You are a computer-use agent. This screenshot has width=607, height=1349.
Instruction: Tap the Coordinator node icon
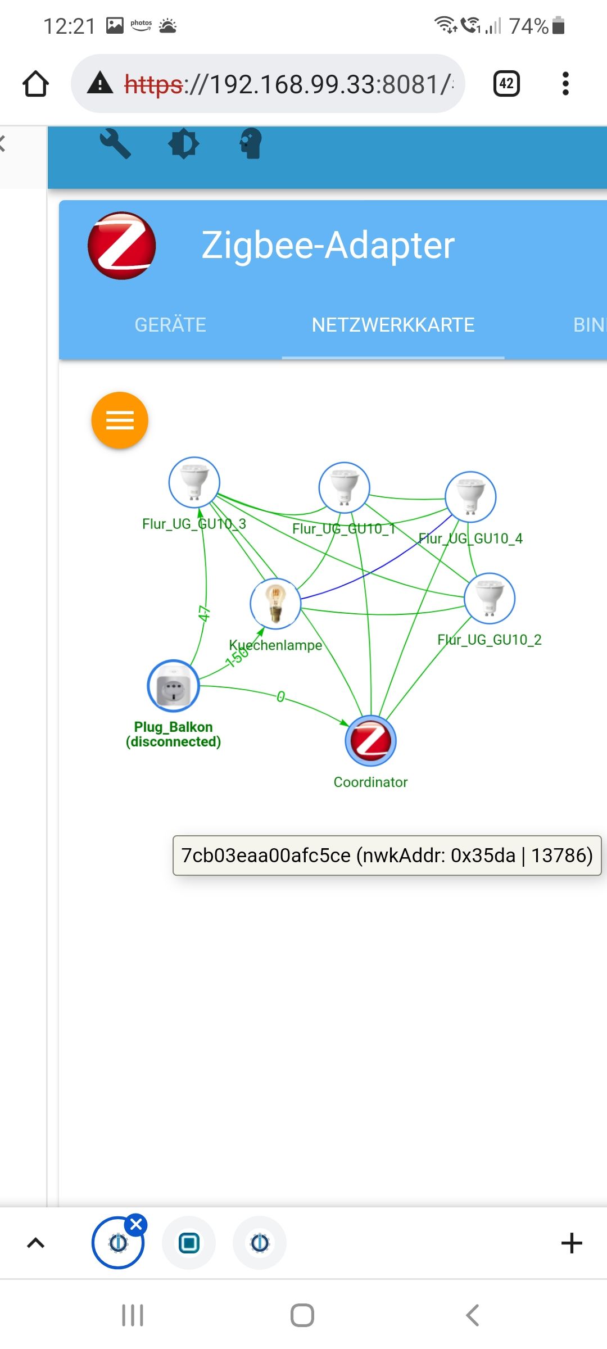370,740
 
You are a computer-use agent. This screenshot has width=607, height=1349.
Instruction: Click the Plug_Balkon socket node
173,686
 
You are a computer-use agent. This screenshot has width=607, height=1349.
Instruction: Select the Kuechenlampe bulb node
275,603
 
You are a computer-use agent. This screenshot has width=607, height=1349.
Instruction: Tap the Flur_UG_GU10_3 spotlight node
194,482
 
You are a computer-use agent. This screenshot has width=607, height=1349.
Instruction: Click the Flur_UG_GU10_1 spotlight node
344,487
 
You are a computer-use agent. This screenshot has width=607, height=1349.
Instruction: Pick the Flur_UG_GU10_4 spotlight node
470,497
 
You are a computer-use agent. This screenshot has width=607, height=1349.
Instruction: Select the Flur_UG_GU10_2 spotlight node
490,598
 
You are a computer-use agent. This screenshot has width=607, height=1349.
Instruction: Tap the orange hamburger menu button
120,420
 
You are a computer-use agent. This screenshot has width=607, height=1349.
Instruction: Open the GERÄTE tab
170,325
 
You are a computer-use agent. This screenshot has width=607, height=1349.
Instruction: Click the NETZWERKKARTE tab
393,325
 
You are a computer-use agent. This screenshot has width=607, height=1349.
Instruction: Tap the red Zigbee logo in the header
122,246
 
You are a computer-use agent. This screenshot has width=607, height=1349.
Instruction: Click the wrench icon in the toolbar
115,144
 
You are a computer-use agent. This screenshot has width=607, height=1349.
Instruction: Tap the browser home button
35,84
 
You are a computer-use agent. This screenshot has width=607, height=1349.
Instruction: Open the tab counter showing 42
506,84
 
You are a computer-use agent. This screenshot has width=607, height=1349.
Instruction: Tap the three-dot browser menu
565,84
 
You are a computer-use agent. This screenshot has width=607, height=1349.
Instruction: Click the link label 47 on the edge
204,613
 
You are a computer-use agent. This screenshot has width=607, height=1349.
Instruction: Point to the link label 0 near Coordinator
280,697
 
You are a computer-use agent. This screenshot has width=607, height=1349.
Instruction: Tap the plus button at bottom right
572,1243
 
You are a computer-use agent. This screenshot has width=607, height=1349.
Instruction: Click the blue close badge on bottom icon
136,1224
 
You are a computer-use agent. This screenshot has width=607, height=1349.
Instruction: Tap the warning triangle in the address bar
101,83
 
